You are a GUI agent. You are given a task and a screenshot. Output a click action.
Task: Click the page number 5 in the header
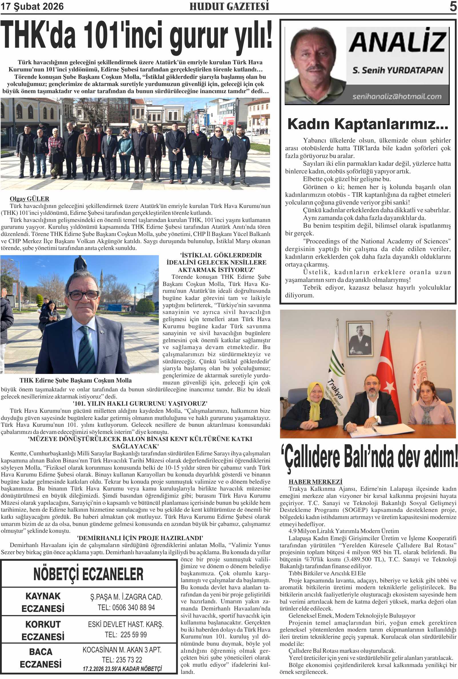(453, 6)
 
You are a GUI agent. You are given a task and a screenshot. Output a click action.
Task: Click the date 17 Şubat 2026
(32, 6)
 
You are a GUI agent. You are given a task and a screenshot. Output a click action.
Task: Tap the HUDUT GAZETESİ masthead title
(229, 6)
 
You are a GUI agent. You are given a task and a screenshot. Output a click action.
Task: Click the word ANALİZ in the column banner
(397, 42)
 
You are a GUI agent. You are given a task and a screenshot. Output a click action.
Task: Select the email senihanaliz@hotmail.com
(397, 96)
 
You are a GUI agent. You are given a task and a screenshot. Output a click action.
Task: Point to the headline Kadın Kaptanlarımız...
(367, 124)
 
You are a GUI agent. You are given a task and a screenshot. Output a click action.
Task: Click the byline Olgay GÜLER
(29, 199)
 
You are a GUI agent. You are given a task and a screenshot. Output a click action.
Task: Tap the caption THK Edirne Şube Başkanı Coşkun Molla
(75, 380)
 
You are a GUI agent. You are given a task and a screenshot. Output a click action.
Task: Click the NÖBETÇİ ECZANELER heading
(88, 574)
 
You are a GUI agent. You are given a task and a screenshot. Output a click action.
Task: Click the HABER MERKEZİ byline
(315, 482)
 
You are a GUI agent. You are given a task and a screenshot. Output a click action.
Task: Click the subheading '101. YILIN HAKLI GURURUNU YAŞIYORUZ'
(140, 404)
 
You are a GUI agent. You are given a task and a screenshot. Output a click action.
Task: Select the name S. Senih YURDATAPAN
(397, 70)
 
